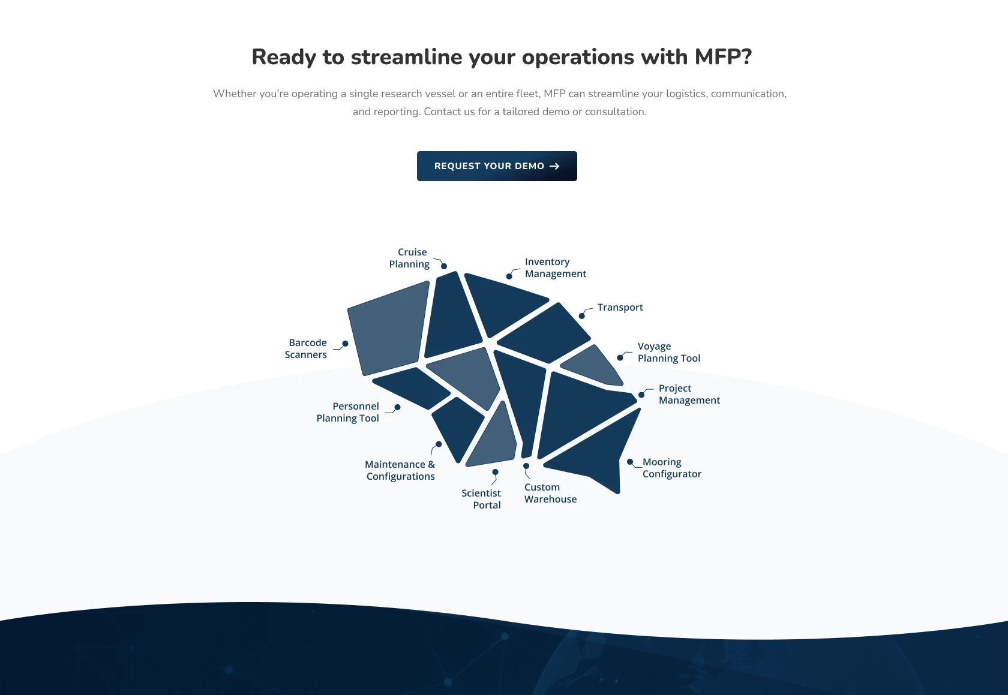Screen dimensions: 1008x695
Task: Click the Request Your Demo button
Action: (x=497, y=166)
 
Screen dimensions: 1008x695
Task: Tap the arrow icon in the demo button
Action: (x=554, y=166)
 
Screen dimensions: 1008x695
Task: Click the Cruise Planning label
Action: (x=409, y=258)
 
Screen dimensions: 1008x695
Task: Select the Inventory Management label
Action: (x=556, y=267)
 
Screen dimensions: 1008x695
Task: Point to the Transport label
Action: (x=620, y=307)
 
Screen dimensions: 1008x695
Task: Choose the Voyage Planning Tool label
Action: (x=668, y=352)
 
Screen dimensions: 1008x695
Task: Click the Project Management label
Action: (x=689, y=394)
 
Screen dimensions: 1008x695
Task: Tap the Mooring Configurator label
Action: (x=672, y=468)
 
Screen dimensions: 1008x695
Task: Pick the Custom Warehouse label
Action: (x=550, y=493)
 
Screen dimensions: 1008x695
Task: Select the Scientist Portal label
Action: (x=481, y=499)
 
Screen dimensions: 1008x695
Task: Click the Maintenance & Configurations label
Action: (x=400, y=470)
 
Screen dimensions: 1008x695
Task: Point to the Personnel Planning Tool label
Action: (x=347, y=412)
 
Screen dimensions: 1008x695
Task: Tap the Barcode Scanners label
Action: (x=305, y=348)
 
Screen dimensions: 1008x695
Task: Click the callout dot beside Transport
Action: (x=582, y=316)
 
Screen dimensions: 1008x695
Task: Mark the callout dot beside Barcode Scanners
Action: (x=345, y=344)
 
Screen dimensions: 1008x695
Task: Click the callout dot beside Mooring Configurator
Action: (x=630, y=462)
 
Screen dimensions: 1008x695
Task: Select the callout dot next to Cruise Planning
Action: (x=444, y=266)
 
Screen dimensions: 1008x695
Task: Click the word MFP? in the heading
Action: (x=723, y=57)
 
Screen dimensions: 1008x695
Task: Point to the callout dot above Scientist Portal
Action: (x=495, y=472)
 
